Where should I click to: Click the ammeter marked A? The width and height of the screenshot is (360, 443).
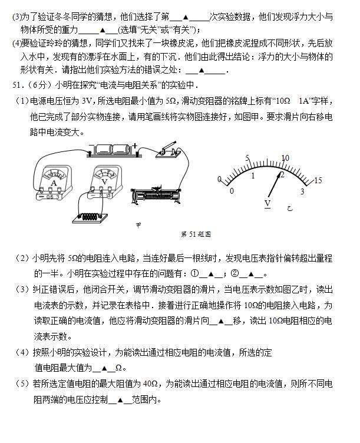(x=55, y=180)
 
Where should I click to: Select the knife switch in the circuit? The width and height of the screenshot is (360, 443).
(x=167, y=150)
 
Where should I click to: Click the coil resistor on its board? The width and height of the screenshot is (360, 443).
(x=88, y=217)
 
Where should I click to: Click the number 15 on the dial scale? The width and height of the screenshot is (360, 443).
(x=318, y=180)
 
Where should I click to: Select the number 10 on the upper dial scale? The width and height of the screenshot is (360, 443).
(x=285, y=158)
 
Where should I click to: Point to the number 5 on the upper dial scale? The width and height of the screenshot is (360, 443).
(x=248, y=159)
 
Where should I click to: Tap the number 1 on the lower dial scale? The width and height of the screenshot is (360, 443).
(x=253, y=176)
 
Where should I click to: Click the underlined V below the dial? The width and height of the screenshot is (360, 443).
(x=267, y=203)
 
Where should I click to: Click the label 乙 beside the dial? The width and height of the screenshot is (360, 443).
(x=290, y=207)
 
